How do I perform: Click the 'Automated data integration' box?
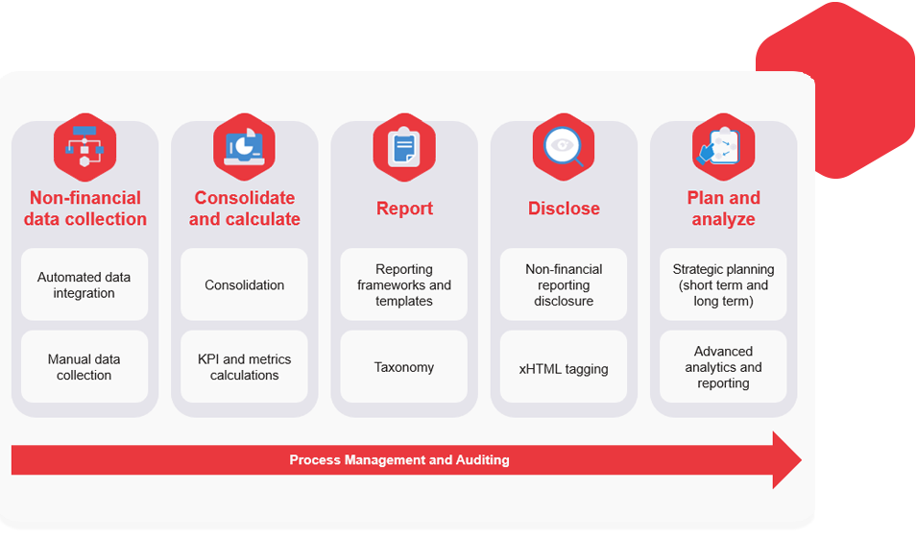pos(84,285)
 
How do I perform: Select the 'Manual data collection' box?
pos(84,367)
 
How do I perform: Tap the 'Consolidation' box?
pos(244,285)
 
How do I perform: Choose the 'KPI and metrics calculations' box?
pos(244,367)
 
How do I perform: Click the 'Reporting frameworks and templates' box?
pos(404,285)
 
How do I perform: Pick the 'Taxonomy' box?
pos(404,367)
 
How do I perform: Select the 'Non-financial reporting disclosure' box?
pos(564,285)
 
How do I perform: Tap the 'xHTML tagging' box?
pos(564,368)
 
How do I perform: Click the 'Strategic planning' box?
pos(723,285)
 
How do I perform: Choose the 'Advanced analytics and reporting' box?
pos(723,367)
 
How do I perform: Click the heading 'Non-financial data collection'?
pos(84,209)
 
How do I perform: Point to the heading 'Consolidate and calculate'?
pos(244,209)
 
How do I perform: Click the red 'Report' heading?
pos(404,209)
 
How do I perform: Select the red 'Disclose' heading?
pos(564,209)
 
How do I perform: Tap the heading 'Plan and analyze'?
pos(723,209)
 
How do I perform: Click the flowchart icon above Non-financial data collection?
pos(84,147)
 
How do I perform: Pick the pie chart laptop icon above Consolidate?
pos(244,147)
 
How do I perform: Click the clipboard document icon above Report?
pos(404,147)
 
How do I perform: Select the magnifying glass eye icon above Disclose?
pos(564,147)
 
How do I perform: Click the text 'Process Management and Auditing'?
pos(399,460)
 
